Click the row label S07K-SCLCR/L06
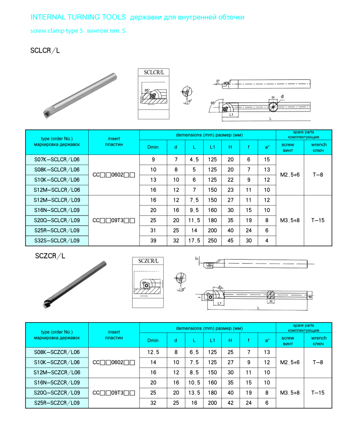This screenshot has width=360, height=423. [x=57, y=159]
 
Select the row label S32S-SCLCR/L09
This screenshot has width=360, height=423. [x=57, y=240]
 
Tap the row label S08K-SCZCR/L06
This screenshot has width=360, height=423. [x=57, y=352]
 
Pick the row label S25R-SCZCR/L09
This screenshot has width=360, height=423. [x=57, y=403]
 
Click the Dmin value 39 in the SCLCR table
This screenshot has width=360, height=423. [x=153, y=240]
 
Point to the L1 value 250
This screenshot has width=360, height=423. [x=212, y=240]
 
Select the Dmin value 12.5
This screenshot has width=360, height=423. [x=153, y=352]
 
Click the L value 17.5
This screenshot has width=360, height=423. [x=194, y=240]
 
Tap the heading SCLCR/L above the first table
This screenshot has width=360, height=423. [x=45, y=50]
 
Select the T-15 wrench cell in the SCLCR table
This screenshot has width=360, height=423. [x=318, y=220]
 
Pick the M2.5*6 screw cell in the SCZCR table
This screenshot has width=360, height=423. [x=290, y=362]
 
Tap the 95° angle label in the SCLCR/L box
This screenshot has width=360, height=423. [x=147, y=90]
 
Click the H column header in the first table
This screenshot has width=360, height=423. [x=230, y=147]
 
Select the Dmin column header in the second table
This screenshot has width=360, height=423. [x=153, y=340]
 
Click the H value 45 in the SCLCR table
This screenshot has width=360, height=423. [x=230, y=240]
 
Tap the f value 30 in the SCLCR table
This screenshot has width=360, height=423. [x=249, y=240]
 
